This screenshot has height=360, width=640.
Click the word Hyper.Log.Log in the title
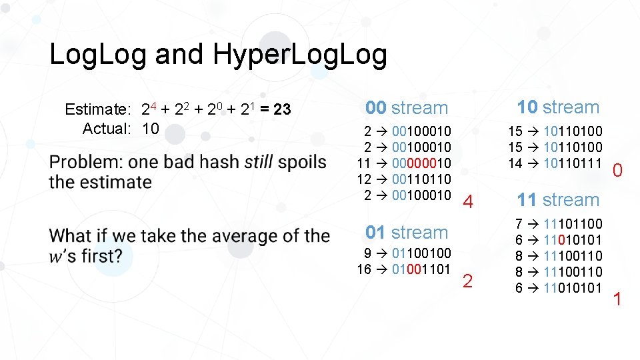(x=300, y=55)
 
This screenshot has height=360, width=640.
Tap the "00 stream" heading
(x=407, y=108)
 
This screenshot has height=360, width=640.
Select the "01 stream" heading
(x=407, y=233)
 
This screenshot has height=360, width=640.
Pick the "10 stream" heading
(x=558, y=107)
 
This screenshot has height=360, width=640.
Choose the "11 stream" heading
(x=558, y=200)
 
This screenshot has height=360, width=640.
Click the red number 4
(x=468, y=202)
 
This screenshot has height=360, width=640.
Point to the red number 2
(x=467, y=281)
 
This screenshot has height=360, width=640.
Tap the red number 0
(x=617, y=172)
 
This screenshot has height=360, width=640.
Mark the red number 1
(x=617, y=299)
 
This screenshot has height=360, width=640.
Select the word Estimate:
(x=97, y=109)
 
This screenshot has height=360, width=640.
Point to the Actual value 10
(x=151, y=129)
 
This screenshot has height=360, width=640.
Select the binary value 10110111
(x=573, y=163)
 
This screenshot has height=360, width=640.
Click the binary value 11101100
(x=573, y=224)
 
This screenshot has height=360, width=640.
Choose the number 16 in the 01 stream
(x=364, y=269)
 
